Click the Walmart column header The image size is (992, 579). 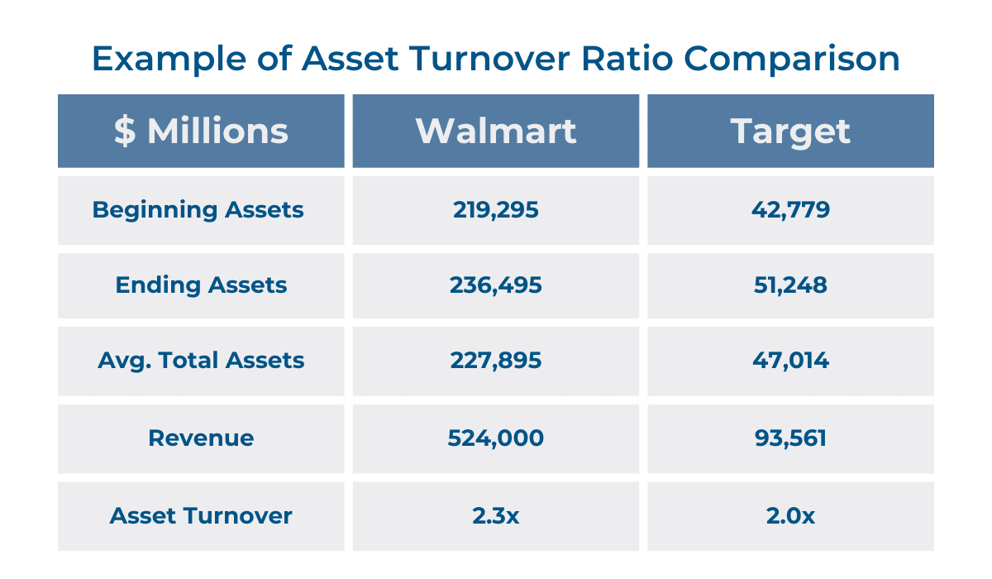click(x=495, y=132)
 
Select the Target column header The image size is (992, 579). click(x=790, y=132)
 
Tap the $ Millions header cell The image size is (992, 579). click(x=201, y=132)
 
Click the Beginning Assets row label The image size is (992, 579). click(x=198, y=210)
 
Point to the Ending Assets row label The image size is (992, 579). click(x=201, y=285)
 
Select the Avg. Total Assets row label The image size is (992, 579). click(x=201, y=361)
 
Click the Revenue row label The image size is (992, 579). click(x=201, y=438)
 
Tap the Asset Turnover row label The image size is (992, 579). click(x=201, y=516)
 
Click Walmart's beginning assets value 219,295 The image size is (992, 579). click(x=495, y=210)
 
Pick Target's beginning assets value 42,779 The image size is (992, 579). click(x=790, y=210)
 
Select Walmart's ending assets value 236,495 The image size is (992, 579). click(x=495, y=285)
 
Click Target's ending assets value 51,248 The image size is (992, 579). click(x=790, y=285)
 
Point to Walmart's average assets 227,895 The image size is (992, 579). click(x=495, y=361)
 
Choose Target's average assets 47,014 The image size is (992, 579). click(x=790, y=361)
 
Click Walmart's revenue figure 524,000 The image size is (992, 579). click(x=495, y=438)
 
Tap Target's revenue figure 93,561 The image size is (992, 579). click(x=790, y=438)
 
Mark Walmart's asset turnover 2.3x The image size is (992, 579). click(x=495, y=516)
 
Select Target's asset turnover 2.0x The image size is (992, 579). click(x=790, y=516)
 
